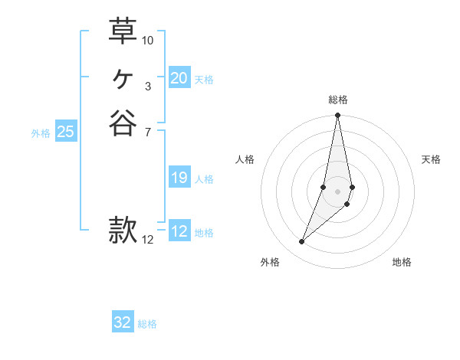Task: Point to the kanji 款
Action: tap(123, 230)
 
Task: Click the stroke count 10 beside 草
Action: tap(148, 40)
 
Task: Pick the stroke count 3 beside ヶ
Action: tap(148, 87)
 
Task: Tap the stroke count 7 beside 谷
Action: tap(148, 133)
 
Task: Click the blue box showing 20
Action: tap(179, 78)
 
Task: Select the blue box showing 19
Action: tap(179, 178)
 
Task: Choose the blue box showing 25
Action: tap(66, 132)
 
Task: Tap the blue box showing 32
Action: tap(123, 322)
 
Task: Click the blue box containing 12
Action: tap(179, 232)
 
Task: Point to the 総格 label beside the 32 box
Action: tap(147, 324)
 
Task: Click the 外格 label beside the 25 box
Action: tap(41, 133)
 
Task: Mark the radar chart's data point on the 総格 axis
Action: tap(337, 116)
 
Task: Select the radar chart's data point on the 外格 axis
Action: tap(301, 242)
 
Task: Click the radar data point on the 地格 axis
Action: tap(347, 204)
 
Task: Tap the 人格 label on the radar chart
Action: tap(245, 159)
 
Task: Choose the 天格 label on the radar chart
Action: tap(431, 159)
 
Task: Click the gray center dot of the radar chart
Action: tap(337, 191)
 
